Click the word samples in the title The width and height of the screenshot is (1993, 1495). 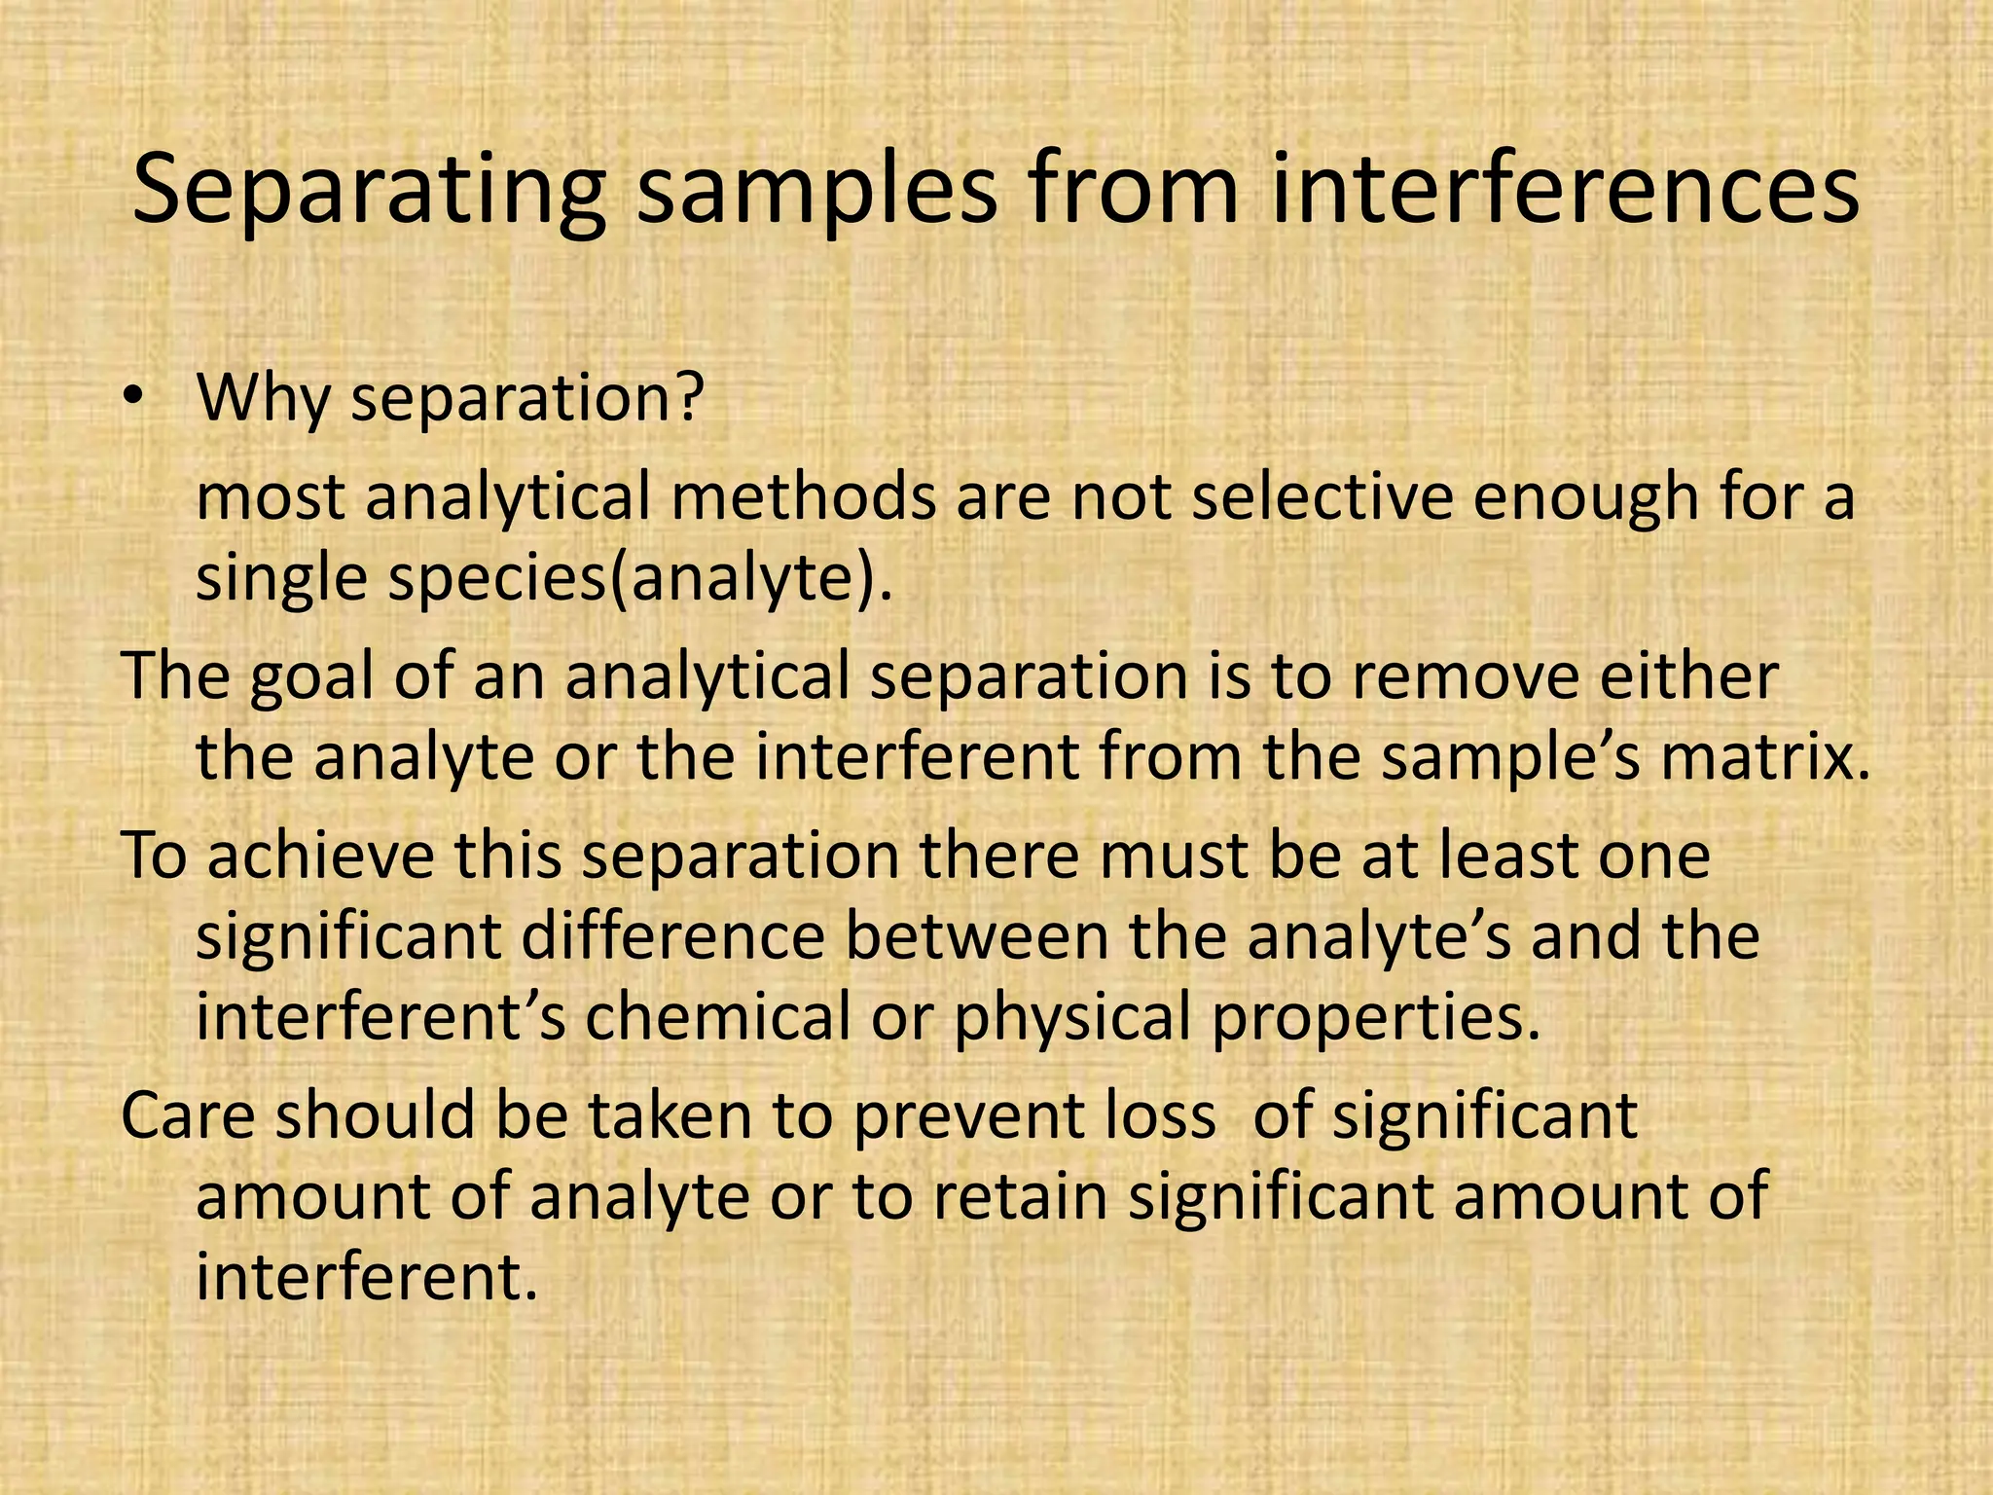(816, 192)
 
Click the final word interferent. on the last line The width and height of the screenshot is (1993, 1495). (367, 1277)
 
